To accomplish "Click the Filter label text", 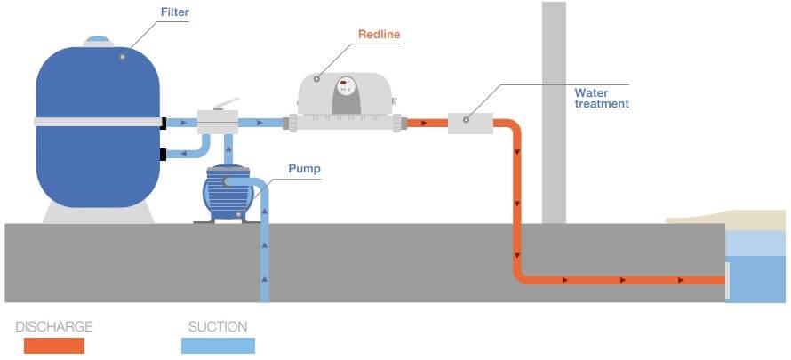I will (176, 12).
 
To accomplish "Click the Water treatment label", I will (601, 98).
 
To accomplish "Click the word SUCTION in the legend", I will (218, 327).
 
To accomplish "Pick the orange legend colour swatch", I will (53, 346).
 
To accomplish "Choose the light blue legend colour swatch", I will (218, 346).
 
